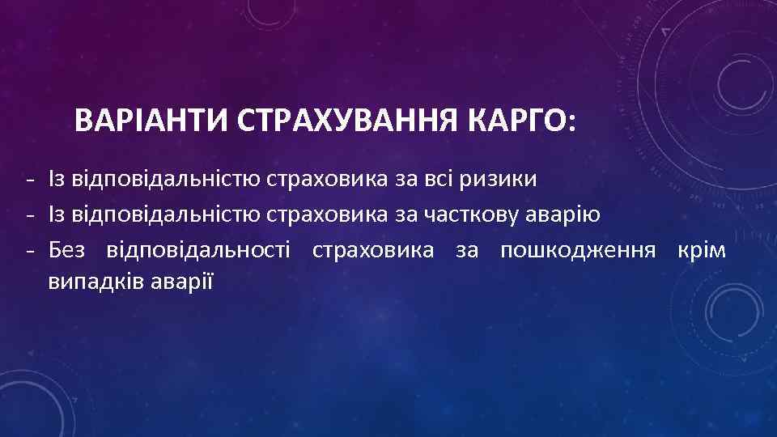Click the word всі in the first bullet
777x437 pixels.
click(x=439, y=179)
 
